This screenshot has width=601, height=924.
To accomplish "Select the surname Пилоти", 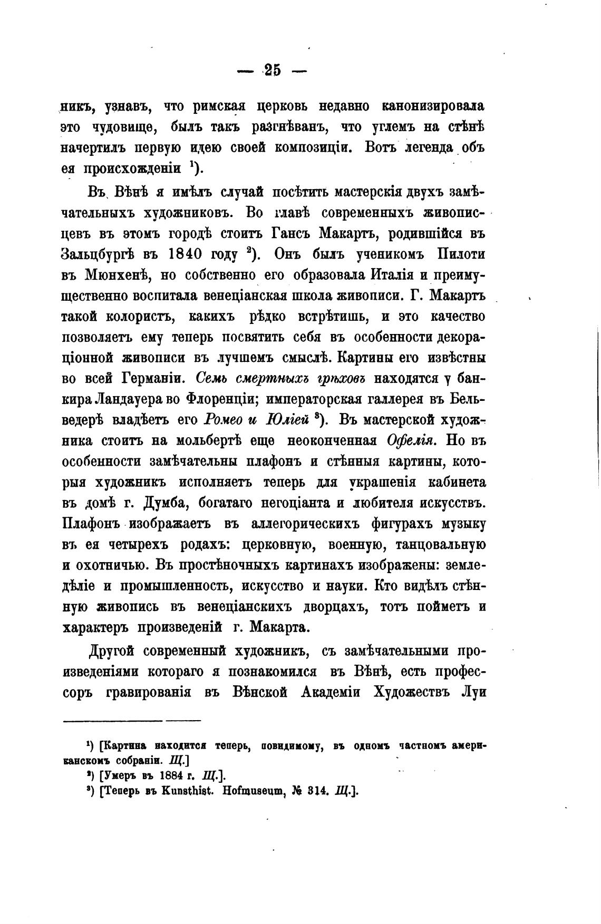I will pos(461,254).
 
